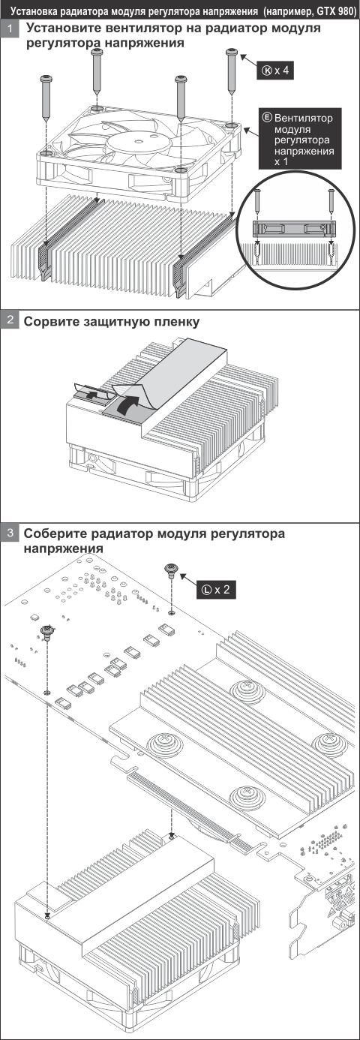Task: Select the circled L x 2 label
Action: (x=218, y=589)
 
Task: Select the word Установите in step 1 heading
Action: (x=65, y=29)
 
